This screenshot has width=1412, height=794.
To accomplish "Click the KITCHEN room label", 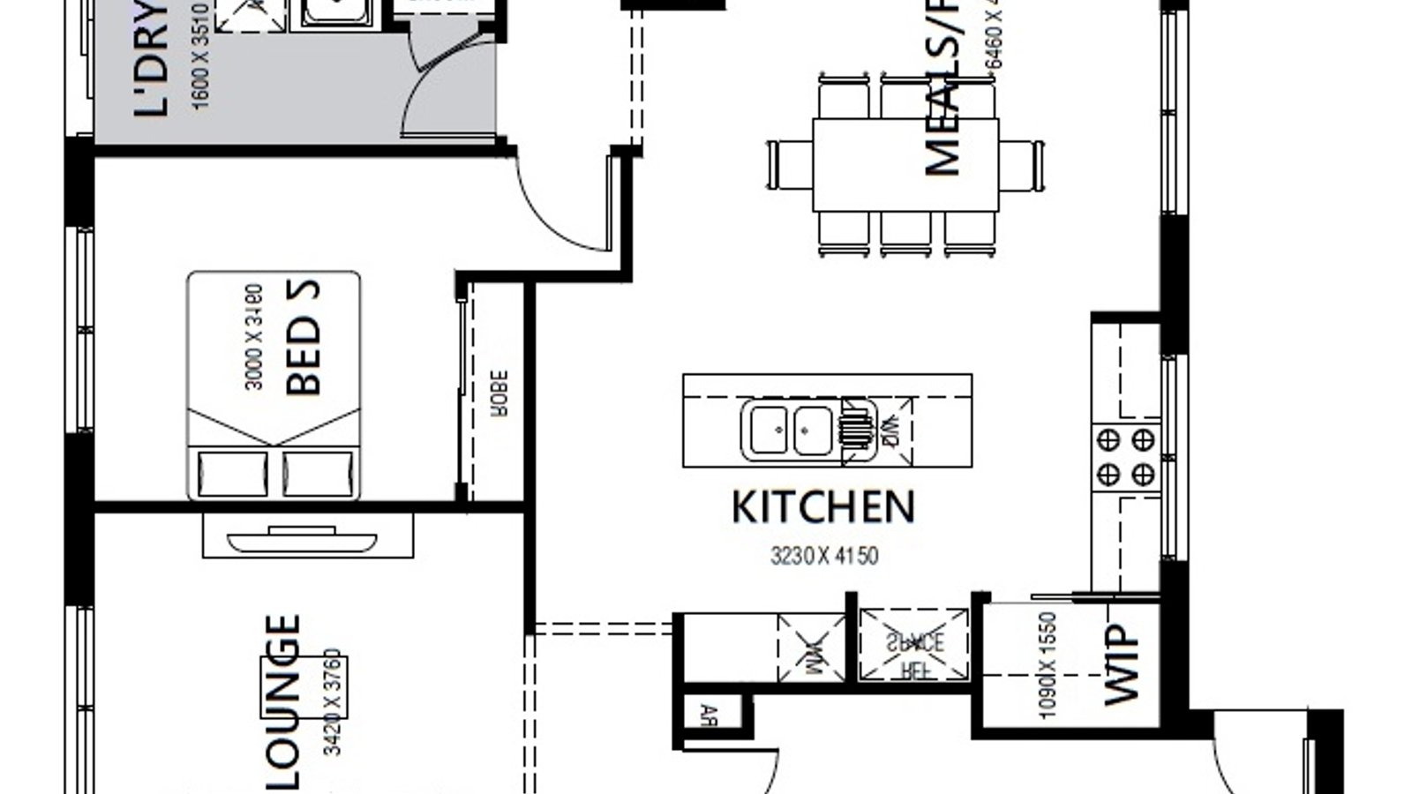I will (822, 508).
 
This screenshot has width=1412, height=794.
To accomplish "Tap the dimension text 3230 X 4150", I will (824, 557).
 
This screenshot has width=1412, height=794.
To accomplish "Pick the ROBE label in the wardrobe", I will (499, 393).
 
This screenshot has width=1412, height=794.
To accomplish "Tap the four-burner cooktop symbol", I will (1125, 457).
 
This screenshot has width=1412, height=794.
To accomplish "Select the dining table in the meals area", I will (905, 165).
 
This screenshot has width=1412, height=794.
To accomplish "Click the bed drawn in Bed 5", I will (274, 386).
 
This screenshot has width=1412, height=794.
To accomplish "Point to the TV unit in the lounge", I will (308, 536).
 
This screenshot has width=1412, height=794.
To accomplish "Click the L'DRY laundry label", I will (150, 62).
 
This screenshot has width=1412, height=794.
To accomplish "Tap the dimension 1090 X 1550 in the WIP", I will (1048, 666).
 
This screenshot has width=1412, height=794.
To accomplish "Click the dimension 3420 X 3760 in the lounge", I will (333, 702).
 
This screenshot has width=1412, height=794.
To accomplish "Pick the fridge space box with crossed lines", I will (913, 645).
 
